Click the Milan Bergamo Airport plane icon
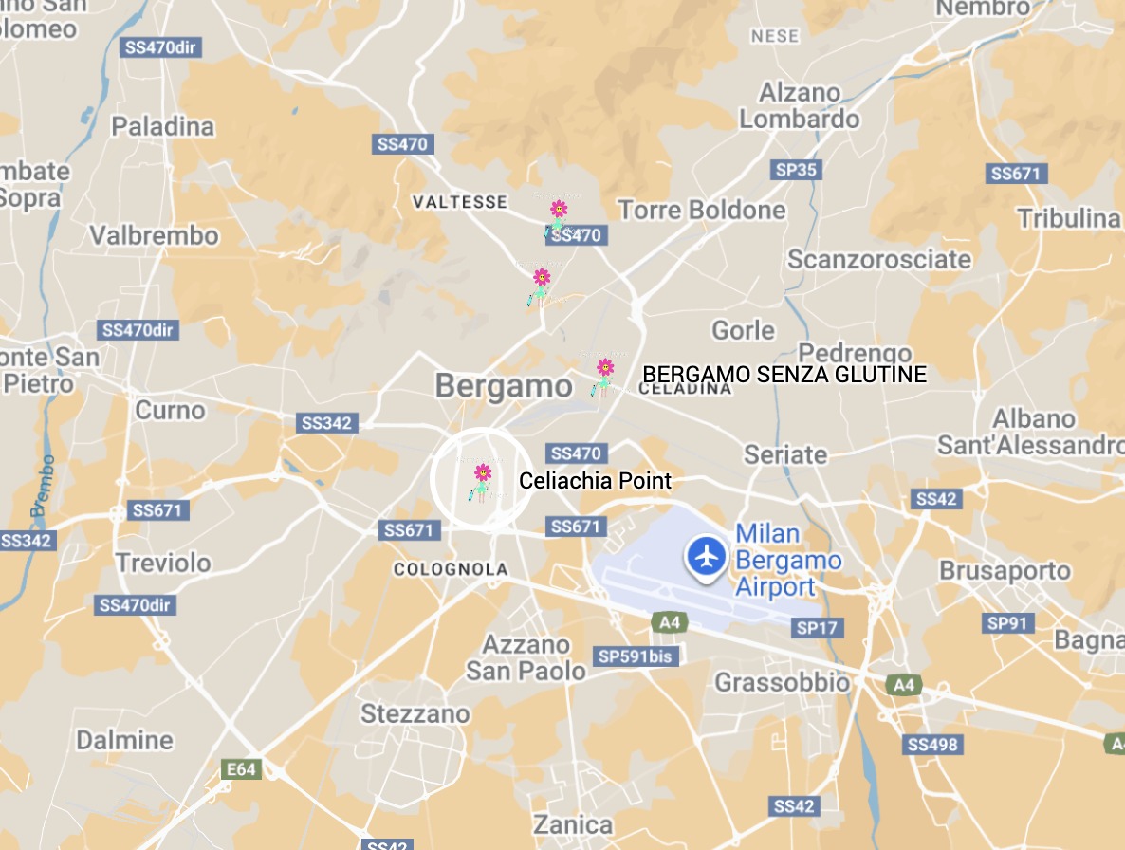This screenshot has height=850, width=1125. pos(706,555)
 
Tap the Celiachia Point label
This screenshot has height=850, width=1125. pos(595,481)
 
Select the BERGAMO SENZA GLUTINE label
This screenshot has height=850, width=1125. pos(784,375)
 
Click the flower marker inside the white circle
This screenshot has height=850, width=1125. pos(482,479)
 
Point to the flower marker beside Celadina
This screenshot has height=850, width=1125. pos(603,374)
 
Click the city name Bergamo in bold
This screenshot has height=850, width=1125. pos(504,386)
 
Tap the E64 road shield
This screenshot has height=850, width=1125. pos(240,769)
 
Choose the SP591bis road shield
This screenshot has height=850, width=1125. pos(636,656)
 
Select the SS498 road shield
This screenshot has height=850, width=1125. pos(932,745)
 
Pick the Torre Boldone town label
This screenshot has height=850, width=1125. pos(702,210)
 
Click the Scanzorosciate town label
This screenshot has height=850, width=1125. pos(879,259)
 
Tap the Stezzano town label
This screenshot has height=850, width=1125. pos(415,713)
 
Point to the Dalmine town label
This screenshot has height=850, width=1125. pos(125,740)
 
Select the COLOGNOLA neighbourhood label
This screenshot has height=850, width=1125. pos(451,570)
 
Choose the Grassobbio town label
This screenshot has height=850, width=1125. pos(783,682)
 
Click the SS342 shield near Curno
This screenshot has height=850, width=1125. pos(326,423)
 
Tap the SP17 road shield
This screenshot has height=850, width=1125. pos(818,628)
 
